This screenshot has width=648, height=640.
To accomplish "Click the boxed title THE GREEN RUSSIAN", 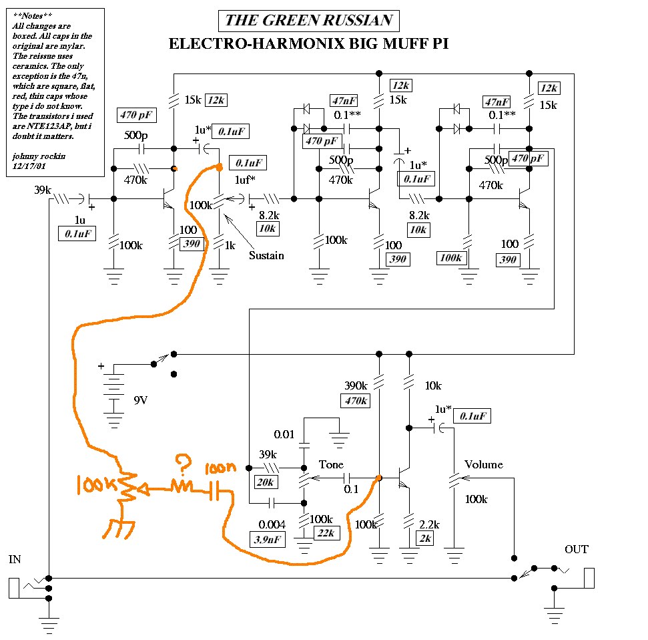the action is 309,21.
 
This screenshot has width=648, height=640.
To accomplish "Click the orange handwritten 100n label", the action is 220,468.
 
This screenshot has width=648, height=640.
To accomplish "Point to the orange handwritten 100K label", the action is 97,484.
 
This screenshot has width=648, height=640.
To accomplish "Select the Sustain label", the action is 266,256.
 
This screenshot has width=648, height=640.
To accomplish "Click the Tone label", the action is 331,464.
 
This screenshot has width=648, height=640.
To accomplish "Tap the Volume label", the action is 484,464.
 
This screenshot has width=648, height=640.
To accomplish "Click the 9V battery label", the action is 141,400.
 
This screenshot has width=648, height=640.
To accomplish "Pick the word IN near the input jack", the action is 15,559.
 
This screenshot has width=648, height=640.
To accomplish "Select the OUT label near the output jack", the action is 576,549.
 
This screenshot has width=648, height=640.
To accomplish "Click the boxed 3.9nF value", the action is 268,540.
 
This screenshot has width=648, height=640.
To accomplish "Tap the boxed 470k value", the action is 356,401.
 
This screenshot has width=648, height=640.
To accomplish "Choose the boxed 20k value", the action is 266,482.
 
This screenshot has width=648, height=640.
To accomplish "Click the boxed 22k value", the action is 326,533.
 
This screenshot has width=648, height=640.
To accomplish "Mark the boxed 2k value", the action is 425,538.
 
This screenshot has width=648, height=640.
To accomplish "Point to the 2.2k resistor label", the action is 429,524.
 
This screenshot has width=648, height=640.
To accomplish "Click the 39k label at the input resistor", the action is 43,190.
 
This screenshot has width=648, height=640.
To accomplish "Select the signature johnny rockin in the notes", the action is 39,156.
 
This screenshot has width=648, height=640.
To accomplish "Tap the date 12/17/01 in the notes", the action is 29,166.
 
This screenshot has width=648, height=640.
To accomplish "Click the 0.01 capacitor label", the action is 284,434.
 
